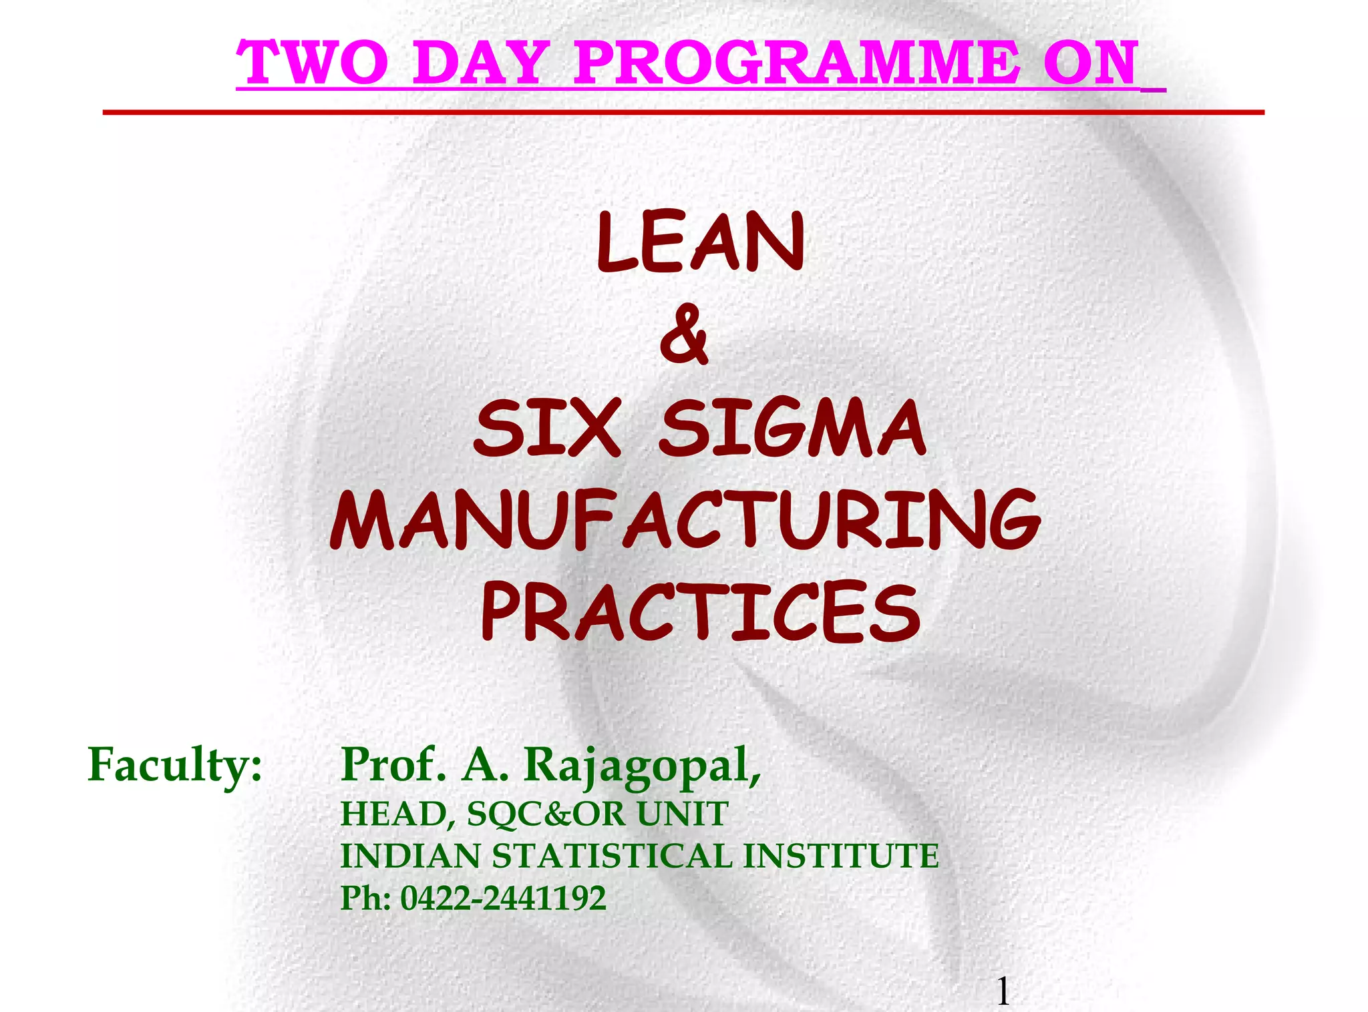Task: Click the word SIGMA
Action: (x=792, y=427)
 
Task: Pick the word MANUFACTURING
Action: (x=685, y=521)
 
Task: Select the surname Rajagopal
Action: (x=641, y=766)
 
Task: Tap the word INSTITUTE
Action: (x=842, y=856)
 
